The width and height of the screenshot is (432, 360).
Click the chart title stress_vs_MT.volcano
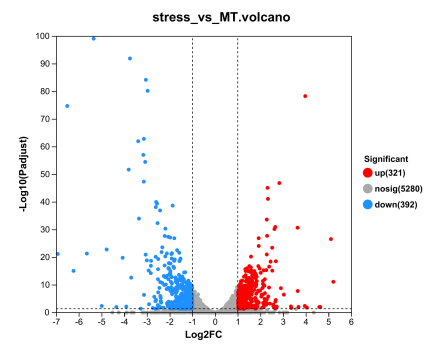tap(221, 17)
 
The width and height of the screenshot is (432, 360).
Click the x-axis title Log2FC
tap(203, 334)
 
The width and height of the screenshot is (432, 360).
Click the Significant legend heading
tap(386, 159)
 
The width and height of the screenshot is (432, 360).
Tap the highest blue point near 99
tap(93, 38)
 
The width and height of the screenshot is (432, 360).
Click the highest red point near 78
tap(305, 96)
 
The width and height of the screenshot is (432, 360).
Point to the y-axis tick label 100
tap(42, 36)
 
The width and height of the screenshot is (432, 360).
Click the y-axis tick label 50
tap(45, 174)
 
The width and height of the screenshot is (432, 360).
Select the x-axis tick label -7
tap(56, 321)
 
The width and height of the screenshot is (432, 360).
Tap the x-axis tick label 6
tap(351, 321)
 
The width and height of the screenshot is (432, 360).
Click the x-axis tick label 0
tap(215, 321)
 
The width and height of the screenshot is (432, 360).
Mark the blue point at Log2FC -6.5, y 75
tap(67, 106)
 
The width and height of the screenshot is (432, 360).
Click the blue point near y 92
tap(130, 58)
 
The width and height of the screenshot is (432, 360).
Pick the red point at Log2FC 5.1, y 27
tap(330, 239)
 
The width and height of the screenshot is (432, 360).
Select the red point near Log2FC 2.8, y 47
tap(279, 183)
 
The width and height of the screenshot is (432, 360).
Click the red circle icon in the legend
tap(367, 173)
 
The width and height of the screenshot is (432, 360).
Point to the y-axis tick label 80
tap(45, 91)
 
